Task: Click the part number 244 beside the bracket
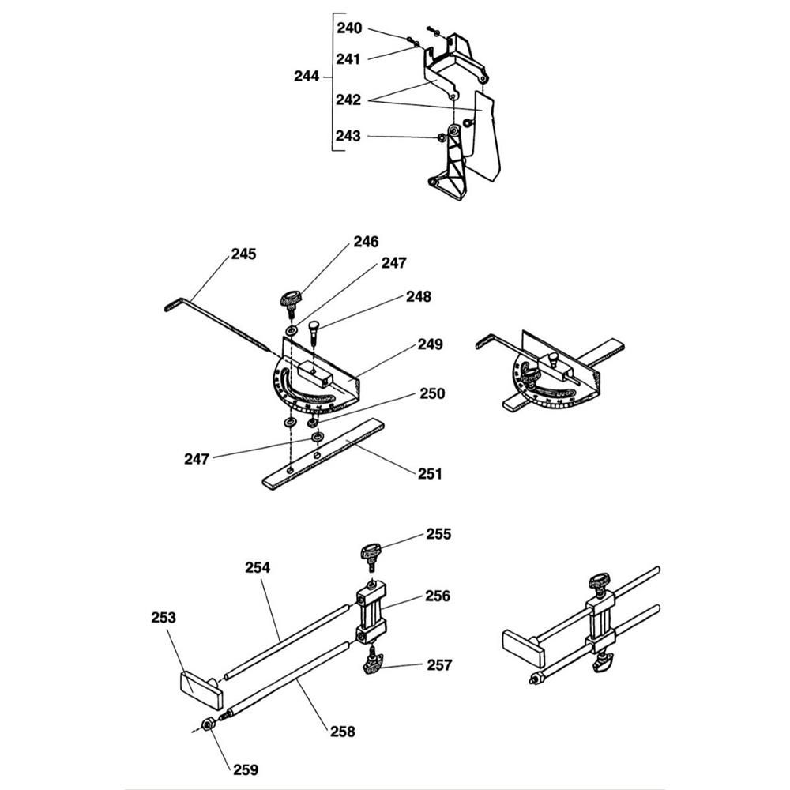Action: point(306,77)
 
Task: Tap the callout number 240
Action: point(348,28)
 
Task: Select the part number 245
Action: point(243,254)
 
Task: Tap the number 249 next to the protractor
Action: point(431,344)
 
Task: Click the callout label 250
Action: point(432,393)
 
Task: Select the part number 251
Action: point(430,474)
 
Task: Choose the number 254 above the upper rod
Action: point(258,567)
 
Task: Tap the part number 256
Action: point(437,596)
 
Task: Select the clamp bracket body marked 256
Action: point(371,613)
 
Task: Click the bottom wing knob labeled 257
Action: point(371,666)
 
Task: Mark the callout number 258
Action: point(342,732)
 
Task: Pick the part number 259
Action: point(245,768)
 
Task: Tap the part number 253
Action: point(164,618)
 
